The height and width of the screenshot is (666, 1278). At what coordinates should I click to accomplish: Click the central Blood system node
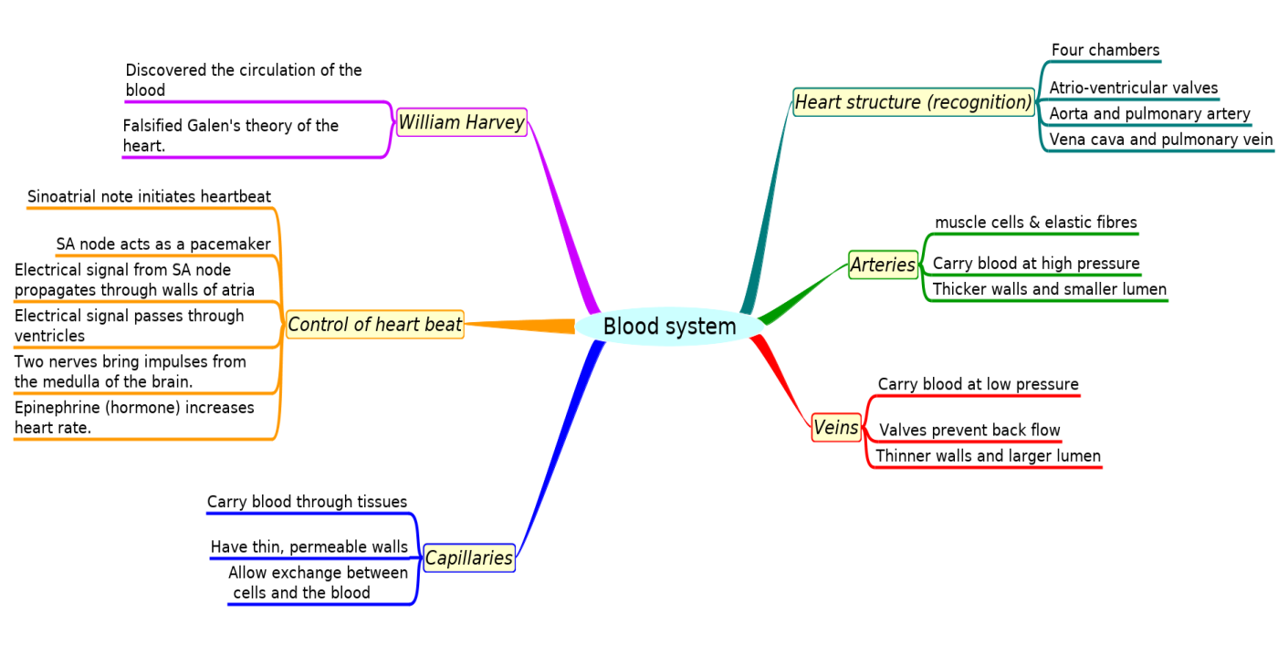click(669, 327)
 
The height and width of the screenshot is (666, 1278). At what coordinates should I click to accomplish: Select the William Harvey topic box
click(462, 122)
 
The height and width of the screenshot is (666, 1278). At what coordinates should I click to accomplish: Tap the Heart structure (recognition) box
click(913, 102)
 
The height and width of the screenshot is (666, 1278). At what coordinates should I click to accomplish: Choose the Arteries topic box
click(883, 265)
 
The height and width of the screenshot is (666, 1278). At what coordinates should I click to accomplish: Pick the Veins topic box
click(836, 427)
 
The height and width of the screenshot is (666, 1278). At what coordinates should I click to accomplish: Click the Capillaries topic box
click(469, 557)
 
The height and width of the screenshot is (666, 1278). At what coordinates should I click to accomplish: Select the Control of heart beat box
click(374, 324)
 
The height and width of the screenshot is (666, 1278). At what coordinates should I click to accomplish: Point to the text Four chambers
click(1105, 50)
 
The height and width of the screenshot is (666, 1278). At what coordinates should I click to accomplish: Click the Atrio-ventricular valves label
click(1133, 88)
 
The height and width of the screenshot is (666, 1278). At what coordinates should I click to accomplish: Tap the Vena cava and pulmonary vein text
click(1160, 140)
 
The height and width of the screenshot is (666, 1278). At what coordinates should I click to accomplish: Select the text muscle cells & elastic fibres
click(1035, 223)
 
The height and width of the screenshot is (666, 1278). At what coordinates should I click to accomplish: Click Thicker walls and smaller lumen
click(1049, 289)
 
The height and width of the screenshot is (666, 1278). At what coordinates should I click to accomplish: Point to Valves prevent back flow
click(969, 430)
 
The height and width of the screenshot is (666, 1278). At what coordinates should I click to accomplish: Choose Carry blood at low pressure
click(978, 384)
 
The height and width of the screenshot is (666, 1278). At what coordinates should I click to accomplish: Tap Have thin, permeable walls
click(309, 546)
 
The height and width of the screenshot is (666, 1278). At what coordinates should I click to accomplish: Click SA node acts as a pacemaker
click(163, 244)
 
